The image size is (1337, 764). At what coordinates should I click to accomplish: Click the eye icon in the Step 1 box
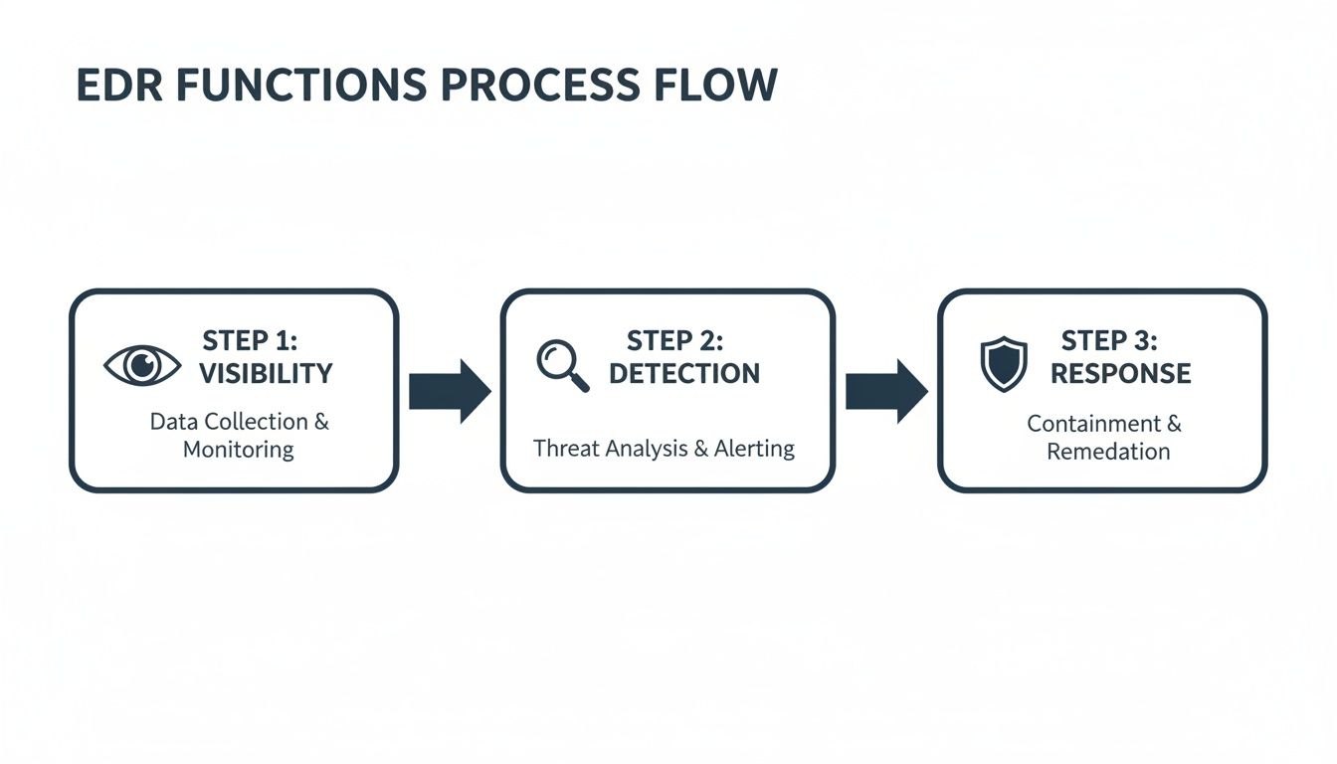click(x=142, y=365)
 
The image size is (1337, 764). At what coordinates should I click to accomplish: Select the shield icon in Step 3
click(x=1003, y=363)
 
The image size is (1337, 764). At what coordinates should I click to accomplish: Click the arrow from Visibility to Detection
click(x=449, y=391)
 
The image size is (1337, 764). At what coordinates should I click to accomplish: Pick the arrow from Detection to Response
click(x=885, y=391)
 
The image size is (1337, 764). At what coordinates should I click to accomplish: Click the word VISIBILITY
click(x=266, y=374)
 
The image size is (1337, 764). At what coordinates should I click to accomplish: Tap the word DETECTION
click(x=684, y=374)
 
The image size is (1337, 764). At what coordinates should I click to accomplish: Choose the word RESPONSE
click(x=1120, y=374)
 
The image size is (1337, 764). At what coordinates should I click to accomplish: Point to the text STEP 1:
click(x=250, y=341)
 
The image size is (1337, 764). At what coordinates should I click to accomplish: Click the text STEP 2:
click(x=674, y=341)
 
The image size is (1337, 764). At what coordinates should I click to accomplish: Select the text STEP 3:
click(x=1109, y=341)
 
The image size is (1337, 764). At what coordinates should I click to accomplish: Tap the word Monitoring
click(x=239, y=450)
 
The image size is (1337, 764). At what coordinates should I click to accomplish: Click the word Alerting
click(x=754, y=449)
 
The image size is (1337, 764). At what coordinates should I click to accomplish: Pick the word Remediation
click(x=1108, y=452)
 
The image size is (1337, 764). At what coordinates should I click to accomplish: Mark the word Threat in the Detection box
click(x=563, y=449)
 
